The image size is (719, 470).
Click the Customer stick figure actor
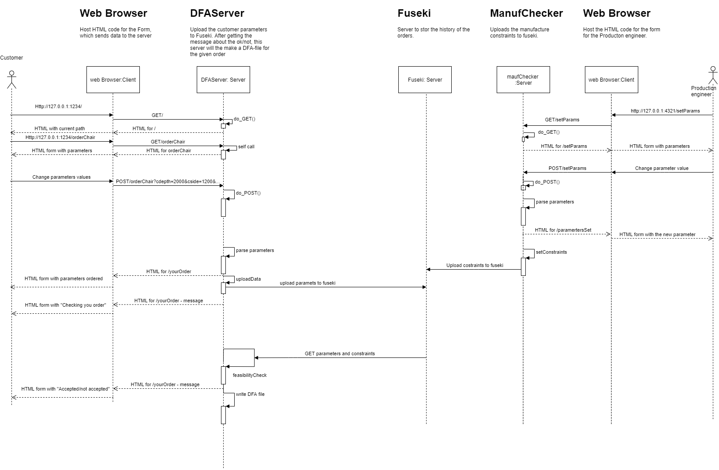coord(11,79)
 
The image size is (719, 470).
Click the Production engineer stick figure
coord(712,75)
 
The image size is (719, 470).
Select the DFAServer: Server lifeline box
coord(223,80)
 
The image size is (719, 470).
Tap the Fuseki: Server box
coord(425,80)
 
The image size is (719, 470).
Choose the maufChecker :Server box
coord(523,80)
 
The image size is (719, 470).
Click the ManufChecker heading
coord(526,13)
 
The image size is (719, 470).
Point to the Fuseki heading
coord(414,13)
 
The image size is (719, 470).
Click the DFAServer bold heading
coord(217,13)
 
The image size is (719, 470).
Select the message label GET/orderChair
coord(168,142)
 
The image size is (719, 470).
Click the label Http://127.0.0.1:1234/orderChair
coord(60,137)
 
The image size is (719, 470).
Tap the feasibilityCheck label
coord(250,375)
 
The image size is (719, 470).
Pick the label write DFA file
coord(250,394)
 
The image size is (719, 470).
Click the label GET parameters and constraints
coord(340,353)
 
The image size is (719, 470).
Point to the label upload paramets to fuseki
coord(307,283)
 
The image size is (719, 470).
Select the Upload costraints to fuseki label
coord(475,265)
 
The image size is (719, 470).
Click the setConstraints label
coord(551,252)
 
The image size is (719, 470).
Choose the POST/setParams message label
coord(567,168)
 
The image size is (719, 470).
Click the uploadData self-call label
coord(248,279)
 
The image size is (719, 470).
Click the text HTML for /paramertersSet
coord(563,230)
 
